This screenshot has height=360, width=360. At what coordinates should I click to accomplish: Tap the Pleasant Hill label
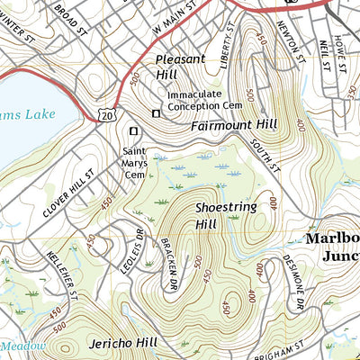181,67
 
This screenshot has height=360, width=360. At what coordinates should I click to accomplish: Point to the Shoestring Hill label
226,215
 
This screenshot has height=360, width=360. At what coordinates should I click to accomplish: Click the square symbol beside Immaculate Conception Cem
156,113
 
